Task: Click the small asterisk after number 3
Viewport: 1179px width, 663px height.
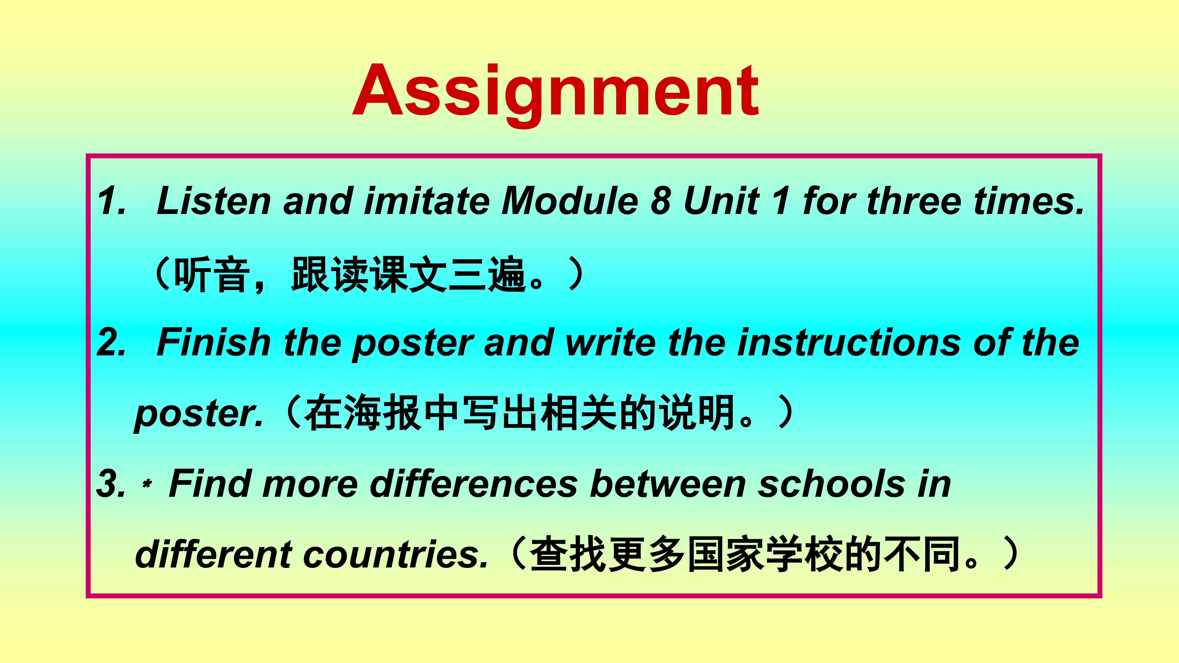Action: pos(147,484)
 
